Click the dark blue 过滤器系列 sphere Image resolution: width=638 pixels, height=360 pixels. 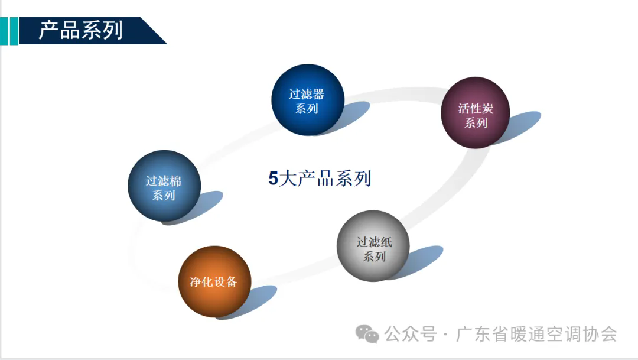pyautogui.click(x=308, y=100)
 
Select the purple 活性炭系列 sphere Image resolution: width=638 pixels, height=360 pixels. pyautogui.click(x=475, y=112)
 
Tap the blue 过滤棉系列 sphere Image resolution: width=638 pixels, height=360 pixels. pyautogui.click(x=164, y=186)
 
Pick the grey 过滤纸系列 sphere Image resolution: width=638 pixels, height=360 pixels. pyautogui.click(x=373, y=246)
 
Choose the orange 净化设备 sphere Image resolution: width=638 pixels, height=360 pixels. pyautogui.click(x=214, y=281)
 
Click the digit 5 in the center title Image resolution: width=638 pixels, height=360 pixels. pyautogui.click(x=273, y=179)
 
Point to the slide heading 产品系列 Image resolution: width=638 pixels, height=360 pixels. pyautogui.click(x=81, y=30)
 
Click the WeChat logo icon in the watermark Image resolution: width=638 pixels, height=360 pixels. pyautogui.click(x=367, y=334)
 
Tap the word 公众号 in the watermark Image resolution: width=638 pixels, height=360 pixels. pyautogui.click(x=410, y=334)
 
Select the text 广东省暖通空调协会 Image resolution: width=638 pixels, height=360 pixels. pyautogui.click(x=536, y=334)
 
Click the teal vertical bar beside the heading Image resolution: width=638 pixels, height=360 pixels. pyautogui.click(x=14, y=31)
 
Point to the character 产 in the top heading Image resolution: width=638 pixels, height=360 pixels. pyautogui.click(x=49, y=30)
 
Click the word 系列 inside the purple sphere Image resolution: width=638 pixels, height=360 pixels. pyautogui.click(x=476, y=122)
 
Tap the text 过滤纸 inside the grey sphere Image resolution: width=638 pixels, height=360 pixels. pyautogui.click(x=375, y=242)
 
